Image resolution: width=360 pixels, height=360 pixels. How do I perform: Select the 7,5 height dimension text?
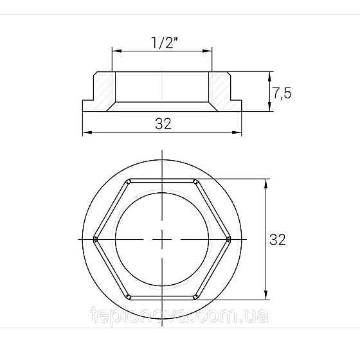(282, 93)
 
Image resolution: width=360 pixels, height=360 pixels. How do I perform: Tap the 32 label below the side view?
(163, 124)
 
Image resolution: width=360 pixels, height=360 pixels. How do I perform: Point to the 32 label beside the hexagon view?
(277, 240)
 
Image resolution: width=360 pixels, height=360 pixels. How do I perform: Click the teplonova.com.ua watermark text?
(181, 316)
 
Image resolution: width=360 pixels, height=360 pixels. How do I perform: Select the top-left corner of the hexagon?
(129, 179)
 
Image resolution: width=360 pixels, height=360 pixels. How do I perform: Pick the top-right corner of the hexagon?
(196, 179)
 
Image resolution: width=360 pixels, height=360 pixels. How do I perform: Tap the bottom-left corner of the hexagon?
(129, 298)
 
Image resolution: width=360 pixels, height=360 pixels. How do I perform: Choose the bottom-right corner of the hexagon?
(196, 298)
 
